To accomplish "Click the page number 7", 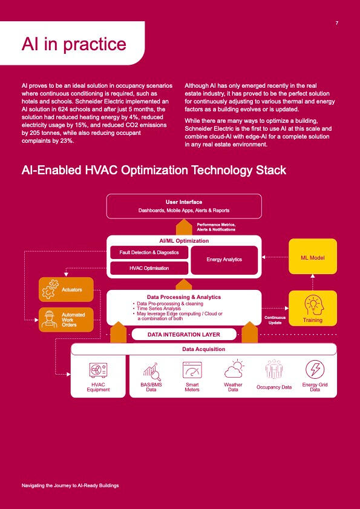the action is pyautogui.click(x=337, y=23).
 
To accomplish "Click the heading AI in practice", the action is pyautogui.click(x=74, y=44).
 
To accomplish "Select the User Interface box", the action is pyautogui.click(x=184, y=206).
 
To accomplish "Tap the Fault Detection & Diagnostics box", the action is pyautogui.click(x=149, y=252).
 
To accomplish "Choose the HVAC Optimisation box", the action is pyautogui.click(x=149, y=268).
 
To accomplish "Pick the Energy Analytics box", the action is pyautogui.click(x=224, y=260).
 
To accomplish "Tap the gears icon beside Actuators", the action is pyautogui.click(x=50, y=289).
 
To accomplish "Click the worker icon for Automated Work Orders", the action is pyautogui.click(x=50, y=320).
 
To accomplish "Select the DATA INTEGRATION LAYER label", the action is pyautogui.click(x=184, y=334).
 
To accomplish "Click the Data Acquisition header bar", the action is pyautogui.click(x=203, y=349).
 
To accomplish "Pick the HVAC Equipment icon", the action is pyautogui.click(x=98, y=370).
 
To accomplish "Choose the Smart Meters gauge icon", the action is pyautogui.click(x=192, y=370).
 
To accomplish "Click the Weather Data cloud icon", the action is pyautogui.click(x=234, y=369).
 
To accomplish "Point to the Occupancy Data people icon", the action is pyautogui.click(x=273, y=369).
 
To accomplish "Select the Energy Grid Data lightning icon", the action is pyautogui.click(x=315, y=369).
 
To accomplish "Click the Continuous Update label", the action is pyautogui.click(x=275, y=320).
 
